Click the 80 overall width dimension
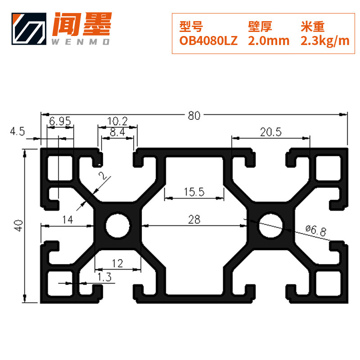194,115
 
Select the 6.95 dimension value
60,121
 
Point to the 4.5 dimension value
18,131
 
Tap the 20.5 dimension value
270,132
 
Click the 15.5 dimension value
194,192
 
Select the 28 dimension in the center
194,219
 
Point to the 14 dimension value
67,219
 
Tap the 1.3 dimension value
104,277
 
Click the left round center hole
117,225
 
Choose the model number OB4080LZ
208,41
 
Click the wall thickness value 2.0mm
269,41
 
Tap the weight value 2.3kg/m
324,41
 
